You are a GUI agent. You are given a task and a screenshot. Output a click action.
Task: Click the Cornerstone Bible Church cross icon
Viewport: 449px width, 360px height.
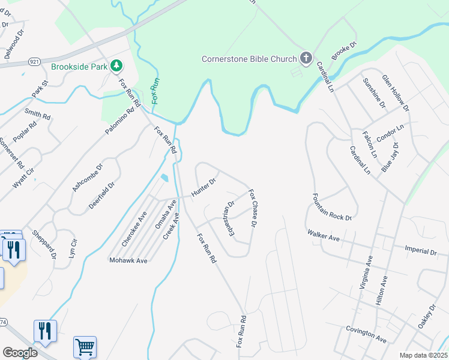[306, 58]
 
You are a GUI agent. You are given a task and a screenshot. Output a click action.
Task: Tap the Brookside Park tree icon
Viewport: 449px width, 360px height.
[117, 66]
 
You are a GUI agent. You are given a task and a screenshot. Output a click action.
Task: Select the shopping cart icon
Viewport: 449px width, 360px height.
[85, 347]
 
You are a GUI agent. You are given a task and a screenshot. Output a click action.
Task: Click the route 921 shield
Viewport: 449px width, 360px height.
[34, 62]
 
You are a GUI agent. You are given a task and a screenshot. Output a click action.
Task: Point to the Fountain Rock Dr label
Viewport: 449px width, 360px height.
[332, 207]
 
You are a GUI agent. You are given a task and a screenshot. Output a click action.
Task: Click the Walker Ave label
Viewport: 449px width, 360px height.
[324, 235]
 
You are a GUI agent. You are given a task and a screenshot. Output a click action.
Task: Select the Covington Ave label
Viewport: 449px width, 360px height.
[366, 334]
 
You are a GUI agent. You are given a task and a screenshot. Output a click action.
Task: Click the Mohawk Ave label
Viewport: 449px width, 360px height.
[128, 261]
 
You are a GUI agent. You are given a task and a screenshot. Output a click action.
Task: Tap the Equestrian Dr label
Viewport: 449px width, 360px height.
[228, 214]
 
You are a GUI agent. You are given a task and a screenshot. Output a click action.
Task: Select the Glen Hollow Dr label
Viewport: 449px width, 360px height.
[396, 93]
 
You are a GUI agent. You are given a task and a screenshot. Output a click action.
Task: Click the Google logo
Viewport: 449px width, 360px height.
[20, 352]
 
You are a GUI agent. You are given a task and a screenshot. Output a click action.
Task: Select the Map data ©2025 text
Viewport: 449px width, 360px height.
[423, 355]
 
